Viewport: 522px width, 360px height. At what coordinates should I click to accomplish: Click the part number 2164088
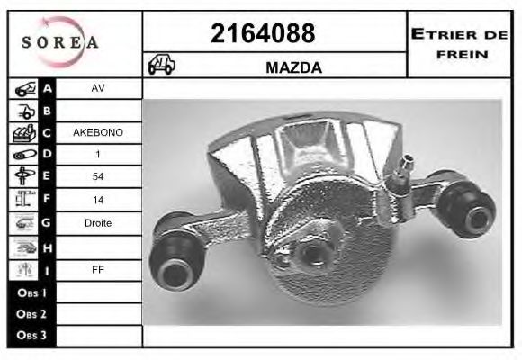coord(262,33)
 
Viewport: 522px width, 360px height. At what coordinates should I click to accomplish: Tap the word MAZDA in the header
coord(294,67)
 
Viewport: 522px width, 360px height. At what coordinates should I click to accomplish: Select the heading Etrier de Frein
coord(460,43)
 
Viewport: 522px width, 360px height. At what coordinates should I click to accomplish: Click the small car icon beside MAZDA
coord(162,66)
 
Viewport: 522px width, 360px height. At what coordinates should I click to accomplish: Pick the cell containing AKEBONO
coord(97,132)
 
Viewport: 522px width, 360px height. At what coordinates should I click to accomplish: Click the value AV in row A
coord(97,89)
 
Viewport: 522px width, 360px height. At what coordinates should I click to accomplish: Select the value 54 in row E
coord(97,176)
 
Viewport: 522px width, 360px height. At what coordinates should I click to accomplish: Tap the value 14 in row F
coord(97,198)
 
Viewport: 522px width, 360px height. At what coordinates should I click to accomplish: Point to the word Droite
coord(97,222)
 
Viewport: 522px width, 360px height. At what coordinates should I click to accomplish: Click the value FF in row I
coord(97,268)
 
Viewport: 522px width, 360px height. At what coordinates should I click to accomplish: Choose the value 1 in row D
coord(97,155)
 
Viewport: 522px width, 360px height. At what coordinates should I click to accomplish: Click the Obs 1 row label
coord(31,292)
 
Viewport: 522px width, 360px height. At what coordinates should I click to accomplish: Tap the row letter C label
coord(48,133)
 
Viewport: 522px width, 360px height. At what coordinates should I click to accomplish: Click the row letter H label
coord(48,246)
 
